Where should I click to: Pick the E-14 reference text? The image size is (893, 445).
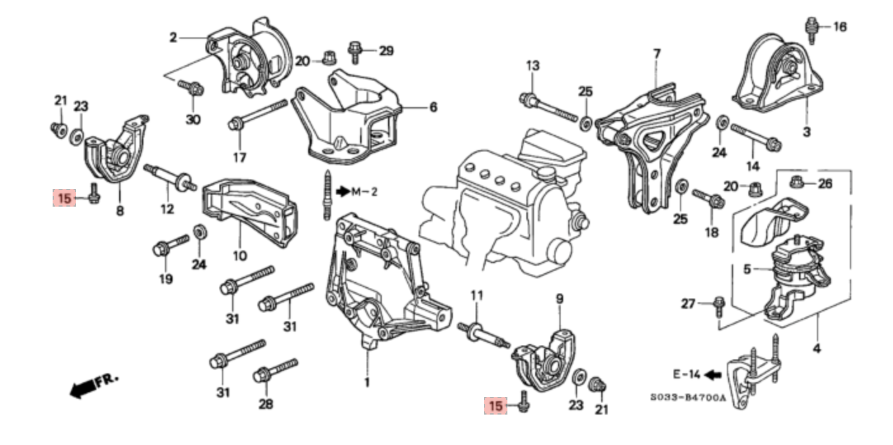686,374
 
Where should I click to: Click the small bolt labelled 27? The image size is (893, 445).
719,307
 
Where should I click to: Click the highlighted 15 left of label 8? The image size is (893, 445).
65,198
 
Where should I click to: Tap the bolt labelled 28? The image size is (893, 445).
274,371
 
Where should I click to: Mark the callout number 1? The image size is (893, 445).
367,382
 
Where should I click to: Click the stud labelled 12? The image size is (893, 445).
169,177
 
